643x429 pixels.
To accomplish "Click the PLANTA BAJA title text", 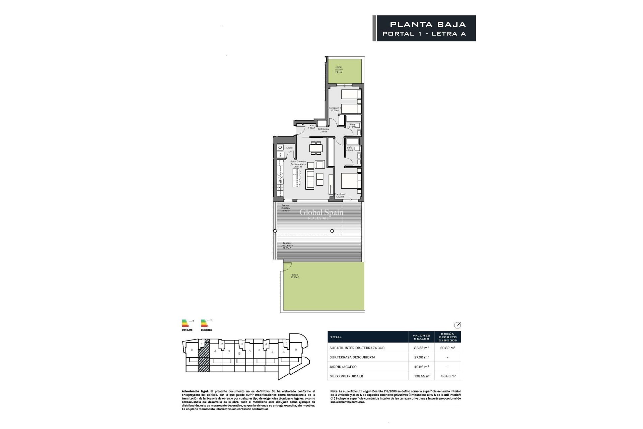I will click(428, 24).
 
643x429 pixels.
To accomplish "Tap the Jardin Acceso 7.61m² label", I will click(339, 69).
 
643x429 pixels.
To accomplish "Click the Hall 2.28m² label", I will click(311, 127).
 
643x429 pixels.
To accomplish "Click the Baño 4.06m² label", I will click(350, 149).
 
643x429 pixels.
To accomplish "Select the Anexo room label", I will click(289, 148).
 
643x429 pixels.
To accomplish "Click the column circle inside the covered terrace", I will click(332, 231).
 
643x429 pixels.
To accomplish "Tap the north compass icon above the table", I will click(457, 325).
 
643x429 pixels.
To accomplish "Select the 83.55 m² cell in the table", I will click(421, 348).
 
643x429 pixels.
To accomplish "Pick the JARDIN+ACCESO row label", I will click(343, 367).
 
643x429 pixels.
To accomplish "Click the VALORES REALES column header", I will click(421, 337).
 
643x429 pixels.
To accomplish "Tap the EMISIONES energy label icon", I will click(207, 325).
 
